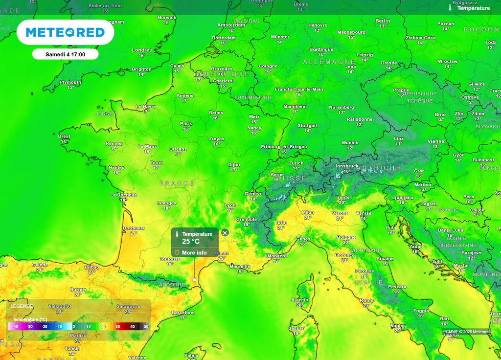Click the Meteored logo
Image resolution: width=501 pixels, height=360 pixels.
(65, 32)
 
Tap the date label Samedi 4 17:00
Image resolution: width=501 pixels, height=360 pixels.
(65, 54)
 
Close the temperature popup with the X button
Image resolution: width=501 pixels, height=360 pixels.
(225, 233)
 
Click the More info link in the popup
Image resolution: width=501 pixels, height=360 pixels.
(194, 253)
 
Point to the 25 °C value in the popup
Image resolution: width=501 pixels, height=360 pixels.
(191, 242)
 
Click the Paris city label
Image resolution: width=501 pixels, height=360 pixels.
(186, 124)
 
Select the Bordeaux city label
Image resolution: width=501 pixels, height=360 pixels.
(134, 228)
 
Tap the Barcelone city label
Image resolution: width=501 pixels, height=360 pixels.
(183, 313)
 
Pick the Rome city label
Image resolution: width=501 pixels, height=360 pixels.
(366, 300)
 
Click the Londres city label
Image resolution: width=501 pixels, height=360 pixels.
(142, 50)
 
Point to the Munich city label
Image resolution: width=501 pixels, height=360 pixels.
(350, 143)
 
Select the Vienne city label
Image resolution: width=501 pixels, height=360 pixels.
(435, 141)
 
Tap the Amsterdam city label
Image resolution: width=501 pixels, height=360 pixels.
(231, 25)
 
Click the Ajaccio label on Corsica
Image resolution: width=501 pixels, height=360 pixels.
(299, 299)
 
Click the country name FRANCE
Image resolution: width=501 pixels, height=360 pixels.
(177, 183)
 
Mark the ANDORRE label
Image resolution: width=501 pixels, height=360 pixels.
(172, 284)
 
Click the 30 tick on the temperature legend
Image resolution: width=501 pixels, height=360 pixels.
(117, 326)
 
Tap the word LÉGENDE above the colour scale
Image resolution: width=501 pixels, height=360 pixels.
(22, 306)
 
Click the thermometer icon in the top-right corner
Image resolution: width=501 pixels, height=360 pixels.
(450, 8)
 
